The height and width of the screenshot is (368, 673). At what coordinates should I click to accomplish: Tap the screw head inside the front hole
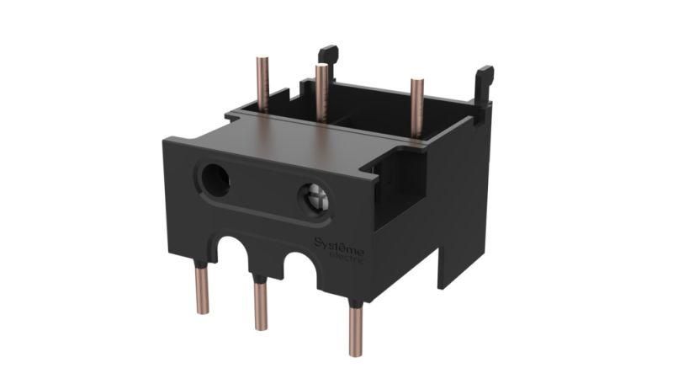(313, 199)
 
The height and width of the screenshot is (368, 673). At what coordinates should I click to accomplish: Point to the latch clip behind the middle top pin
(329, 61)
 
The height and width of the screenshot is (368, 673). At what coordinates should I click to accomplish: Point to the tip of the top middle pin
(321, 67)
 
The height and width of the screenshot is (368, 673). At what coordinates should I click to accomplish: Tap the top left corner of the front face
(166, 141)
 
